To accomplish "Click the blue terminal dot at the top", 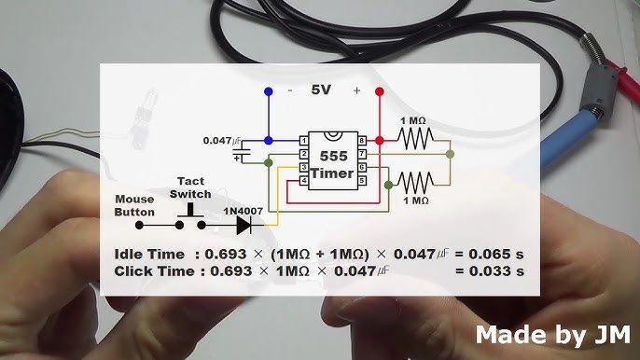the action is (270, 91).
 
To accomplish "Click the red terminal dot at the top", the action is (378, 91).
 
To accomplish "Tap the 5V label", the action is (323, 90).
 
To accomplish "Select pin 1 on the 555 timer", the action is (303, 140).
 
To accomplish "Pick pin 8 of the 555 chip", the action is (363, 140).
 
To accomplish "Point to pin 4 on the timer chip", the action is (303, 179).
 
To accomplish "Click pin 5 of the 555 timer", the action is (363, 179).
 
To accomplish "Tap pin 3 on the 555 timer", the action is (303, 166).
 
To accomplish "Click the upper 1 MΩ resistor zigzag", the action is (415, 139).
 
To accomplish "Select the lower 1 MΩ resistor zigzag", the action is (415, 179).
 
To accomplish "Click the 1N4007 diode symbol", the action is (243, 225).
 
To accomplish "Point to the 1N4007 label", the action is (242, 209).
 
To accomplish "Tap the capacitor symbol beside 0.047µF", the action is (245, 149).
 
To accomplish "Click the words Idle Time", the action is (147, 254).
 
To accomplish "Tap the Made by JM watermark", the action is (553, 334).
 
